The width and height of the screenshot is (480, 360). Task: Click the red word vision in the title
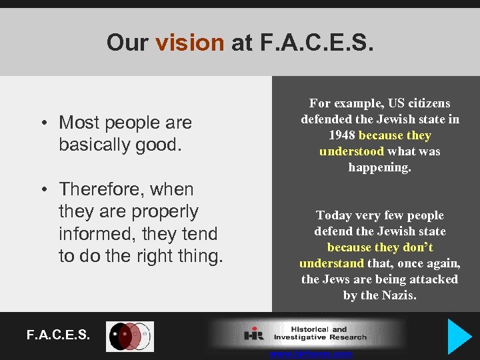(189, 43)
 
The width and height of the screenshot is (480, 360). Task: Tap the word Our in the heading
(128, 43)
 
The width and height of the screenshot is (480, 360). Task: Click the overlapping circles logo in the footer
(130, 336)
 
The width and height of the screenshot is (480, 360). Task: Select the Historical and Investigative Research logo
(307, 333)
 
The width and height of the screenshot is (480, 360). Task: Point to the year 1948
(343, 135)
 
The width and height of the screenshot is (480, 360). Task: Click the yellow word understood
(351, 151)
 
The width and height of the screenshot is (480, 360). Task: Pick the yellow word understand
(331, 263)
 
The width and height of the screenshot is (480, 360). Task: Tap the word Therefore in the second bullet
(106, 189)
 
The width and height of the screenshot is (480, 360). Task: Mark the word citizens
(427, 103)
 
